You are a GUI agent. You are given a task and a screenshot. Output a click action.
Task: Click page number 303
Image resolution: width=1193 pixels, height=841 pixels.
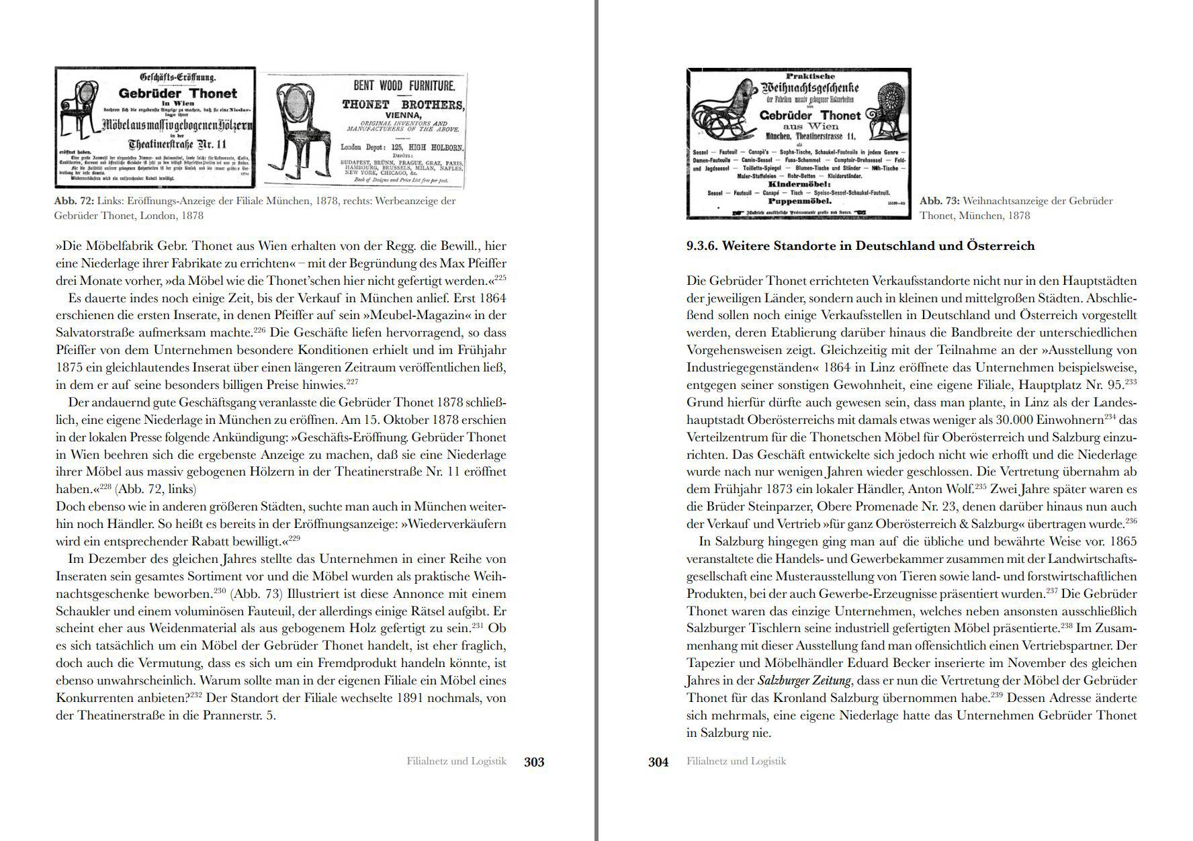click(x=534, y=762)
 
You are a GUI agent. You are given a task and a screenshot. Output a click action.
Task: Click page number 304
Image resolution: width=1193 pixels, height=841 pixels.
click(x=658, y=762)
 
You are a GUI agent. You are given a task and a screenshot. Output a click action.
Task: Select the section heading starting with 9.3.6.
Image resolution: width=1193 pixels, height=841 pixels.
click(x=860, y=246)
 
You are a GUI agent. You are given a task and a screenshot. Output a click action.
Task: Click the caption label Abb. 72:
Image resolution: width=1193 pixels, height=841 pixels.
click(x=74, y=201)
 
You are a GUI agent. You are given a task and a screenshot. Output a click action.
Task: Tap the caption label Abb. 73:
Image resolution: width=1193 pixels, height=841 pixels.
click(x=939, y=201)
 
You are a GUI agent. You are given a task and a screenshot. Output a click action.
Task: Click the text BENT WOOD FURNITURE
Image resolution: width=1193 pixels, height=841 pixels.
click(x=404, y=85)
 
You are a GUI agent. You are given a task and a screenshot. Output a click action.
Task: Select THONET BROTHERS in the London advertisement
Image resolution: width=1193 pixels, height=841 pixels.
click(x=402, y=105)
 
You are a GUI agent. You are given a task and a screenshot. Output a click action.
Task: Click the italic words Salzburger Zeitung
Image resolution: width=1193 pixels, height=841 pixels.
click(x=804, y=680)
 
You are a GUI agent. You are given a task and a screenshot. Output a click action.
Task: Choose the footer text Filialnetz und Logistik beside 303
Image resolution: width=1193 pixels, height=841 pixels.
click(x=456, y=761)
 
